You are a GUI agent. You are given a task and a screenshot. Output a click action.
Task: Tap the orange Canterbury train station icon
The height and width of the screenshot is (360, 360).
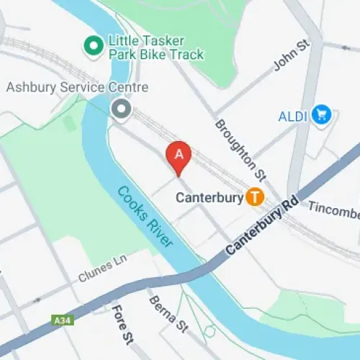[254, 196]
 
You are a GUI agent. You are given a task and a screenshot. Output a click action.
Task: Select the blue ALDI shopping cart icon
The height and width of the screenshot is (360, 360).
[321, 115]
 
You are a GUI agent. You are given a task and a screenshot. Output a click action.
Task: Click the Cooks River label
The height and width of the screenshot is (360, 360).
[145, 216]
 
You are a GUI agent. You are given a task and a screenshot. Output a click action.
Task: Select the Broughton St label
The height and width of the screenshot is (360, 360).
[240, 149]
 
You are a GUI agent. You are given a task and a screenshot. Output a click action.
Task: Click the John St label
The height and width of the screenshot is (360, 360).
[292, 55]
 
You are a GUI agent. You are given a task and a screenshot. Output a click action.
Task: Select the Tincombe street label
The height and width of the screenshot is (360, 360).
[334, 210]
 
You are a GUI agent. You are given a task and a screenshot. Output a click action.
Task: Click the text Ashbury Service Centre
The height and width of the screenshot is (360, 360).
[77, 88]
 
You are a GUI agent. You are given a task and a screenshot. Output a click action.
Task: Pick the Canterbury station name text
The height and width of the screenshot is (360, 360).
[210, 197]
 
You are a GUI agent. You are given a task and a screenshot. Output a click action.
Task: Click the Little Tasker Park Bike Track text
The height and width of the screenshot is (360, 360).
[155, 48]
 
